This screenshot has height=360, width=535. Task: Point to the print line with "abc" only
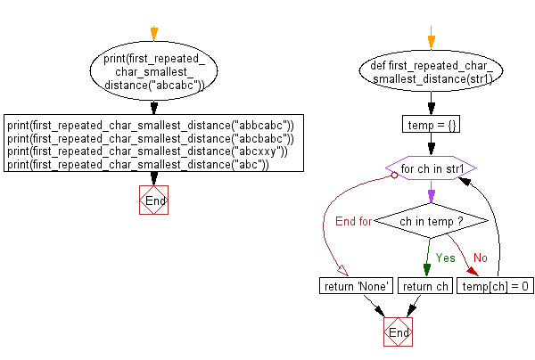(138, 165)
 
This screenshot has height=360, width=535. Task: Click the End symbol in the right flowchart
(399, 331)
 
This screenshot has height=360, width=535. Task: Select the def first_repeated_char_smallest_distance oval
(432, 72)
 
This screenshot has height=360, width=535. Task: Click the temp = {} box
(432, 126)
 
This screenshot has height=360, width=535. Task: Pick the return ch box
(424, 286)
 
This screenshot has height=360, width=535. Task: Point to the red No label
(481, 258)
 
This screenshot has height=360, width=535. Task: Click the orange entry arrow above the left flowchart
(153, 34)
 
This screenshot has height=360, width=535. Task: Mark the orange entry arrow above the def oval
(432, 39)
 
